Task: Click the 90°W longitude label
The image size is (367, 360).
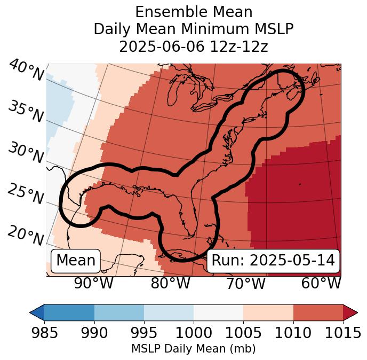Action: [x=93, y=284]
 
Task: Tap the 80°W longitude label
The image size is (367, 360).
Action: [x=171, y=284]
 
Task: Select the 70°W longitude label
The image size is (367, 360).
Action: [x=245, y=284]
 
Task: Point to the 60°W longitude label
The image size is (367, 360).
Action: [x=321, y=284]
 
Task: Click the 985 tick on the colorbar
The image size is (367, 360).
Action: [x=44, y=333]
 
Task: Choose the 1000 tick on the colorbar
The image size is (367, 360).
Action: [x=194, y=333]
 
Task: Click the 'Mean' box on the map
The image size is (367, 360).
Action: [x=76, y=261]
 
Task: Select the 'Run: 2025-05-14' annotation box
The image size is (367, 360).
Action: [x=273, y=261]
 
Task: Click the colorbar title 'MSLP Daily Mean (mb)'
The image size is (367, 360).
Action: [x=193, y=349]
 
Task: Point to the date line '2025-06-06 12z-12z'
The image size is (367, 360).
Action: [x=193, y=46]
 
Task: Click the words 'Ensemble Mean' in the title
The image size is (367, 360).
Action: [x=193, y=12]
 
